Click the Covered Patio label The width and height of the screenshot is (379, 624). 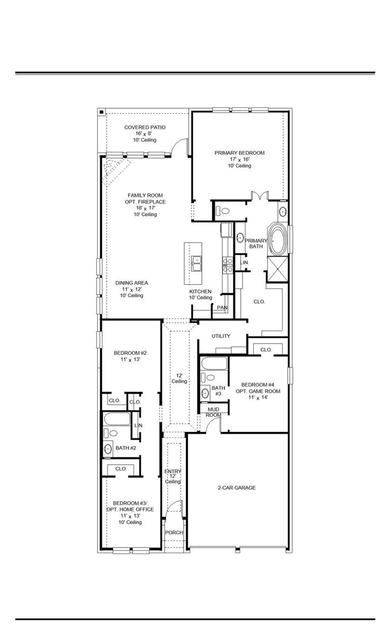click(145, 128)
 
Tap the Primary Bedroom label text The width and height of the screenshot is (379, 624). click(239, 153)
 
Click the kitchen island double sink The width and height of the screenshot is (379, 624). click(197, 263)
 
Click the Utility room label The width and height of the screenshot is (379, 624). click(221, 336)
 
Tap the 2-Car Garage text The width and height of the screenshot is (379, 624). click(236, 488)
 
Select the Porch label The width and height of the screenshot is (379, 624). click(174, 532)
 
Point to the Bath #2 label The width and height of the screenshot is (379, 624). click(126, 448)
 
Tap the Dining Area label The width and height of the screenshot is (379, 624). click(131, 283)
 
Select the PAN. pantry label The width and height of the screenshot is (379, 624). click(222, 307)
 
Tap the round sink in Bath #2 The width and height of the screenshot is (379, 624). click(108, 449)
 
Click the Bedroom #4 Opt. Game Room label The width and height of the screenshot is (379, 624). click(258, 388)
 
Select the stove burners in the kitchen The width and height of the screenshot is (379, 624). click(227, 265)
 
